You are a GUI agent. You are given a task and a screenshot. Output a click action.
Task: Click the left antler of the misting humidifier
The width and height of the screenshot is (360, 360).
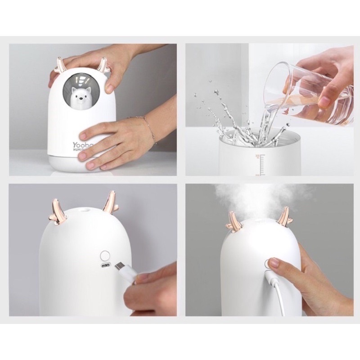pos(233,222)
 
